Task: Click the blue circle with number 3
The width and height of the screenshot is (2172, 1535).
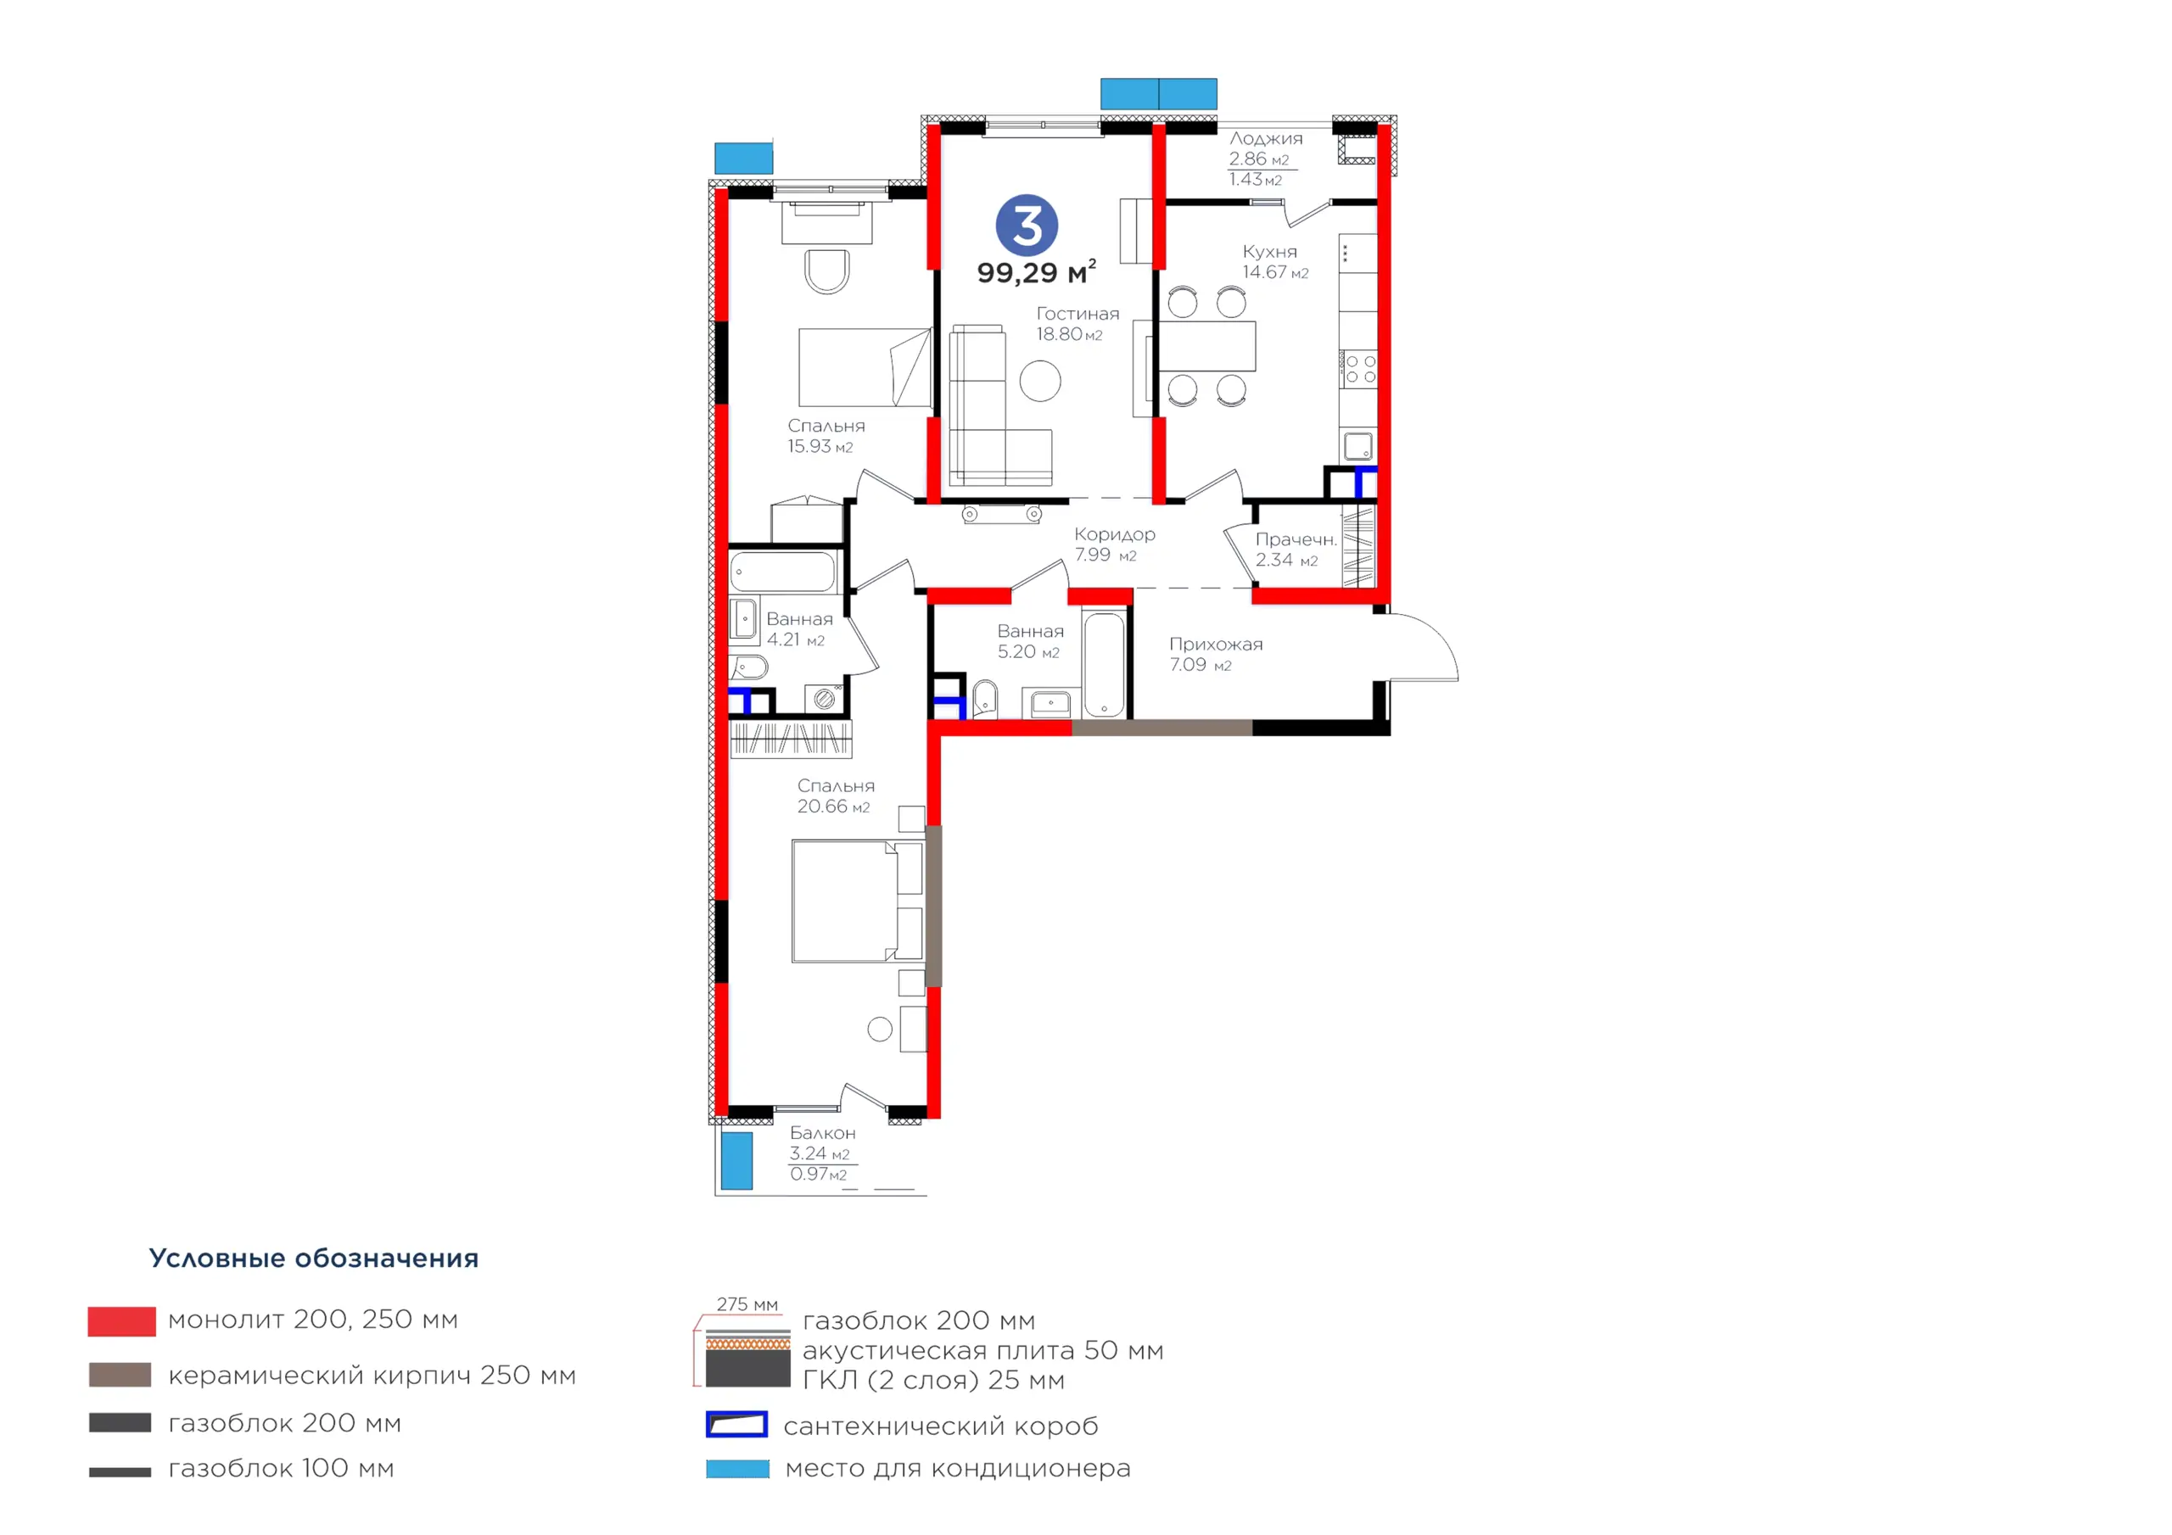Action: click(x=1027, y=225)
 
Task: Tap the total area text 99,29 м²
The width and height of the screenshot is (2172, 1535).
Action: click(x=1037, y=272)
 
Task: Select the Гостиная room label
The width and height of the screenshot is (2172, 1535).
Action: click(x=1078, y=313)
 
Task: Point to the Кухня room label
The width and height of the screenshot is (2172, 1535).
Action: click(x=1269, y=252)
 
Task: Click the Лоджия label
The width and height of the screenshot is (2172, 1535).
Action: click(x=1266, y=138)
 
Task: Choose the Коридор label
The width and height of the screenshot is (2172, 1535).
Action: click(x=1114, y=534)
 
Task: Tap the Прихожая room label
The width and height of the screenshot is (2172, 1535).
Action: click(x=1216, y=644)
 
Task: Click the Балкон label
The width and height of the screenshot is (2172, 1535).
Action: click(x=823, y=1133)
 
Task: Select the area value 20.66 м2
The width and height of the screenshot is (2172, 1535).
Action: click(x=833, y=807)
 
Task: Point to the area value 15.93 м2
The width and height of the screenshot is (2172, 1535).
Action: click(x=820, y=446)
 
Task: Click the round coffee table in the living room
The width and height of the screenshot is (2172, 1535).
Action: click(x=1040, y=381)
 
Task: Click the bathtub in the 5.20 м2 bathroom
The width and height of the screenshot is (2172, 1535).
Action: click(x=1104, y=664)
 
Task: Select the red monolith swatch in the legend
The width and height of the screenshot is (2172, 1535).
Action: click(x=122, y=1321)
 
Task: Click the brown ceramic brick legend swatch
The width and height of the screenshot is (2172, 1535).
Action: click(x=120, y=1376)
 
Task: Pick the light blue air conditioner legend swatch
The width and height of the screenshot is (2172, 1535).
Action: click(x=738, y=1469)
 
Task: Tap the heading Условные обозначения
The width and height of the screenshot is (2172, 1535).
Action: click(x=314, y=1258)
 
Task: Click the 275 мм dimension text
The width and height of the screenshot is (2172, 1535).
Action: click(x=747, y=1304)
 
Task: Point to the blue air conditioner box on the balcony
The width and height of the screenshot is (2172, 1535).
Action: click(x=737, y=1160)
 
